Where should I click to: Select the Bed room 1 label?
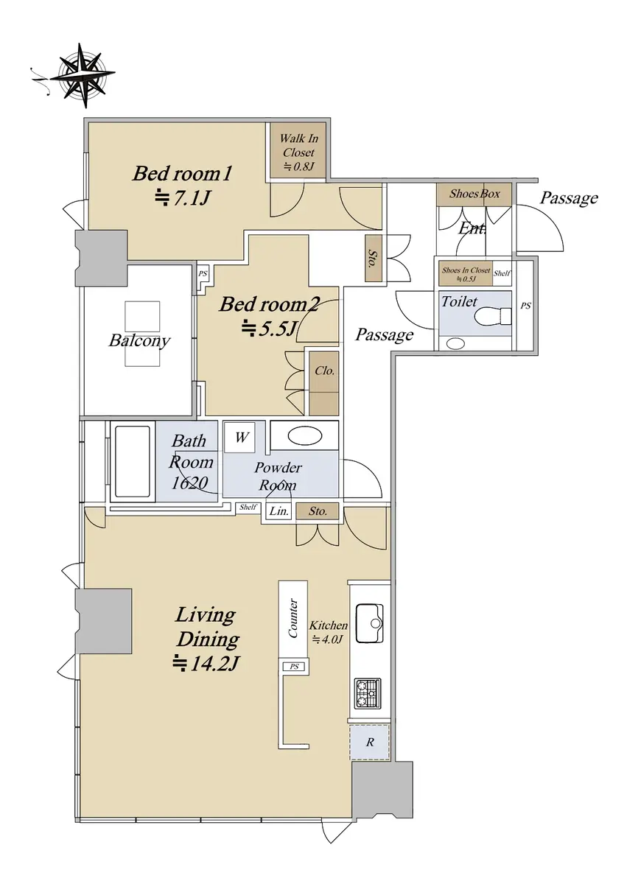(x=182, y=174)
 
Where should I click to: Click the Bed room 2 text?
(x=269, y=305)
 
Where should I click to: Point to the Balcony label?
(x=139, y=340)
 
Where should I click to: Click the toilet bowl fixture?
(x=493, y=316)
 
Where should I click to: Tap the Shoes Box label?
(x=474, y=193)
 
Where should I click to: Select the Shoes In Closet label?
(x=466, y=270)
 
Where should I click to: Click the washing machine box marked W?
(x=240, y=438)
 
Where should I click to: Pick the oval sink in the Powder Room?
(x=305, y=436)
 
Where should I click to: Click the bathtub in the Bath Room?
(x=133, y=461)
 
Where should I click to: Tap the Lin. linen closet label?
(x=279, y=511)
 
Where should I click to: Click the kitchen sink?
(x=369, y=623)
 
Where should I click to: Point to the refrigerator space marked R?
(x=369, y=743)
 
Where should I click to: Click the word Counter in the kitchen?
(x=293, y=618)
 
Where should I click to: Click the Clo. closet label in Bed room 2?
(x=324, y=371)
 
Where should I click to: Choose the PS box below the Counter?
(x=295, y=667)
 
